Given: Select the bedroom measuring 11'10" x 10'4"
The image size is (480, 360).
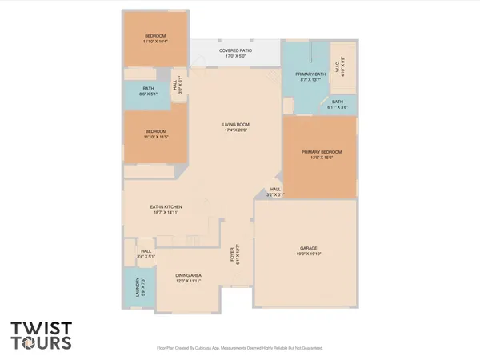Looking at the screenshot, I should click(155, 41).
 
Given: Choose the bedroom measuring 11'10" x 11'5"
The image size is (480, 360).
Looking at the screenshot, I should click(155, 134).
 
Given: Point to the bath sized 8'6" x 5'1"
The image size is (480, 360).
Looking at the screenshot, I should click(149, 91).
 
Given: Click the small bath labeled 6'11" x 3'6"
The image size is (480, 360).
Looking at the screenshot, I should click(338, 104).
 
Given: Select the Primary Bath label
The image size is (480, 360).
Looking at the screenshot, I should click(307, 77).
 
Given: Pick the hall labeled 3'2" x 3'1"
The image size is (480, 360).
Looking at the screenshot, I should click(274, 191).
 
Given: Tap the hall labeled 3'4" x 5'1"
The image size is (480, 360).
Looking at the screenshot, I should click(146, 254).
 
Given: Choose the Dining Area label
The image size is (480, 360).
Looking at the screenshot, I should click(190, 278).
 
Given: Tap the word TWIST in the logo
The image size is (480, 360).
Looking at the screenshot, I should click(41, 329).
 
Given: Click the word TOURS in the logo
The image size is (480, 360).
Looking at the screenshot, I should click(41, 343).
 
